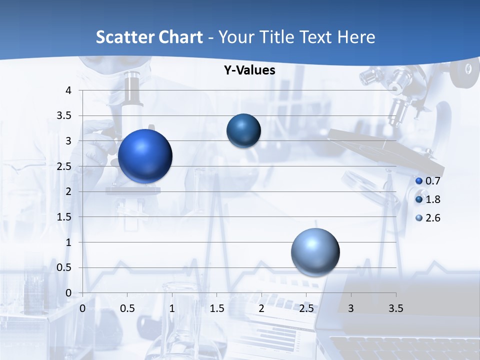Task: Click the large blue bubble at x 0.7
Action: (145, 156)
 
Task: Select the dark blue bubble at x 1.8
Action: (243, 131)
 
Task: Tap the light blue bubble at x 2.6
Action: (315, 252)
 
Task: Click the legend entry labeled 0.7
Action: (428, 181)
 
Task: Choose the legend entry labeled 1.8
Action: (428, 199)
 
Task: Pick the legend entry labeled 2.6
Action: (428, 218)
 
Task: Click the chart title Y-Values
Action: (249, 70)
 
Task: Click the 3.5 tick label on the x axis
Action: (395, 308)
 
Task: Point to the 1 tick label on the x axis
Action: (172, 308)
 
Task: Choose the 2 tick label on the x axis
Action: (261, 308)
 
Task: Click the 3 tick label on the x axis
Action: (351, 308)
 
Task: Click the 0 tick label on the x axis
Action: (82, 308)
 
